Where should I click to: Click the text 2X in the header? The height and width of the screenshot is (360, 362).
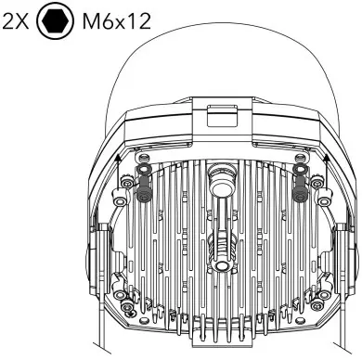pyautogui.click(x=16, y=22)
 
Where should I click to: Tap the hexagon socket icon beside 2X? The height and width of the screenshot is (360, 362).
pyautogui.click(x=56, y=21)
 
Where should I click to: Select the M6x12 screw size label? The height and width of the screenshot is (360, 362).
pyautogui.click(x=117, y=22)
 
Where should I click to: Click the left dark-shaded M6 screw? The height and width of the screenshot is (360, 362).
pyautogui.click(x=143, y=191)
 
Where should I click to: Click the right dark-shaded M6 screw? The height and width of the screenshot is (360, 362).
pyautogui.click(x=300, y=191)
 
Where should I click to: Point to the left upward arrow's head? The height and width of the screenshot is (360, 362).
pyautogui.click(x=117, y=158)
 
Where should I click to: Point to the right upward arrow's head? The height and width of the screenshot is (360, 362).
pyautogui.click(x=326, y=158)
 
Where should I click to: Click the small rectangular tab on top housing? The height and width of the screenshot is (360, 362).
pyautogui.click(x=222, y=116)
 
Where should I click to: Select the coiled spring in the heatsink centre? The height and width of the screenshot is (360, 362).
pyautogui.click(x=221, y=248)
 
